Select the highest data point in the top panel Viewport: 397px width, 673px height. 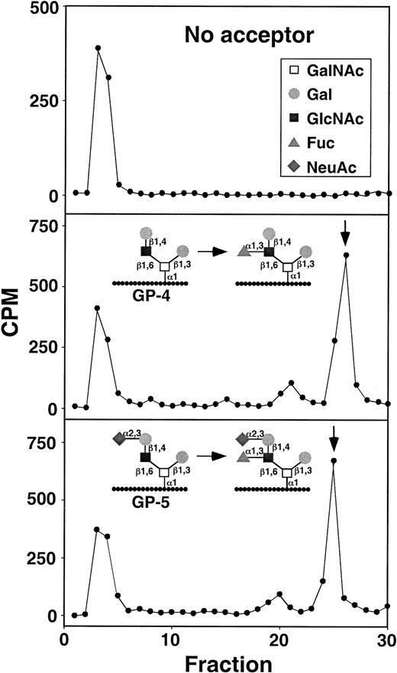pyautogui.click(x=98, y=48)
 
